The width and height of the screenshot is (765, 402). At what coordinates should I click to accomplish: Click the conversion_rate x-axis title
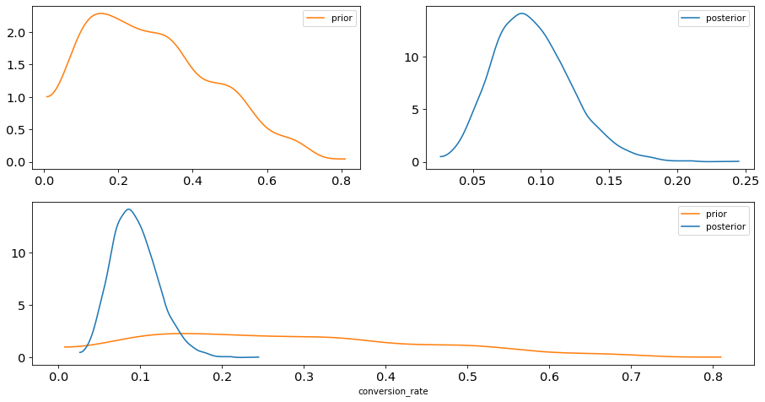point(393,391)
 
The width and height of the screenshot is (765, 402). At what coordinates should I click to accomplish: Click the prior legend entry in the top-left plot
point(329,18)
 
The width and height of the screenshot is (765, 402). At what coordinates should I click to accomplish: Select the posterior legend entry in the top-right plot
point(714,18)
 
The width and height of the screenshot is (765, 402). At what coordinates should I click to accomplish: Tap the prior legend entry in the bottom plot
point(703,214)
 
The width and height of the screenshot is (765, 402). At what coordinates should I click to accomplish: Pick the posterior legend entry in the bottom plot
point(714,226)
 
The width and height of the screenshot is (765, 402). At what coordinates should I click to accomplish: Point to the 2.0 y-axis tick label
point(17,33)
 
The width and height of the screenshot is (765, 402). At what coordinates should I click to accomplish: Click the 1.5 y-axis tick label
point(17,65)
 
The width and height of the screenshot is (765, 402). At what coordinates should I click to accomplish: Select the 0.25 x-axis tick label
point(745,182)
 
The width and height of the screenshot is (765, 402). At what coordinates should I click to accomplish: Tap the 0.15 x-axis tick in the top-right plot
point(609,182)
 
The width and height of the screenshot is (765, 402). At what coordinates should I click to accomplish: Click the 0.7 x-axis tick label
point(632,377)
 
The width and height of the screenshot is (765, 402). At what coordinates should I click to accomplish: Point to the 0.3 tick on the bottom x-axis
point(304,377)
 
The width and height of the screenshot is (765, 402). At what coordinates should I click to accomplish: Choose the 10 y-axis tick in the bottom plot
point(19,253)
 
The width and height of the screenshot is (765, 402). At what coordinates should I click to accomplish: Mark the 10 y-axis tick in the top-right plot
point(412,57)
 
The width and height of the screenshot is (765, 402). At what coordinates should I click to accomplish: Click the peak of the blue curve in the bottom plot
point(129,209)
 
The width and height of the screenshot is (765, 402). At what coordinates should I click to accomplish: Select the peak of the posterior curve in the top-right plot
point(522,14)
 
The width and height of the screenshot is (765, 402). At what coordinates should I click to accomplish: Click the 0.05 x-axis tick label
point(473,182)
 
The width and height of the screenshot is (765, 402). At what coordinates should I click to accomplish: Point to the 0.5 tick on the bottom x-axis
point(468,377)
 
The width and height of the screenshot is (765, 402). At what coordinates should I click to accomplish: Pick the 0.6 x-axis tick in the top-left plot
point(267,182)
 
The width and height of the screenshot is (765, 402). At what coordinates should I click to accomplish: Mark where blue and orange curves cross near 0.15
point(181,334)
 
